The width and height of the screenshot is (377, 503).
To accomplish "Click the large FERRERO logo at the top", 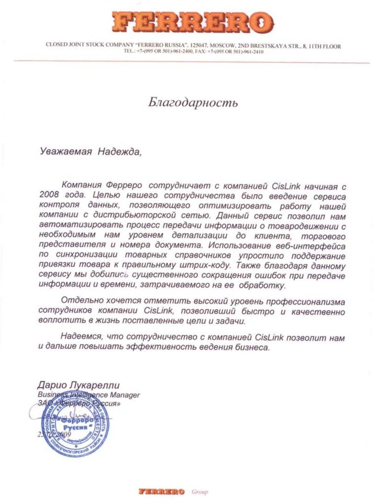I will (192, 22).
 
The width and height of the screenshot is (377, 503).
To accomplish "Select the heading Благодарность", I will (193, 102).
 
